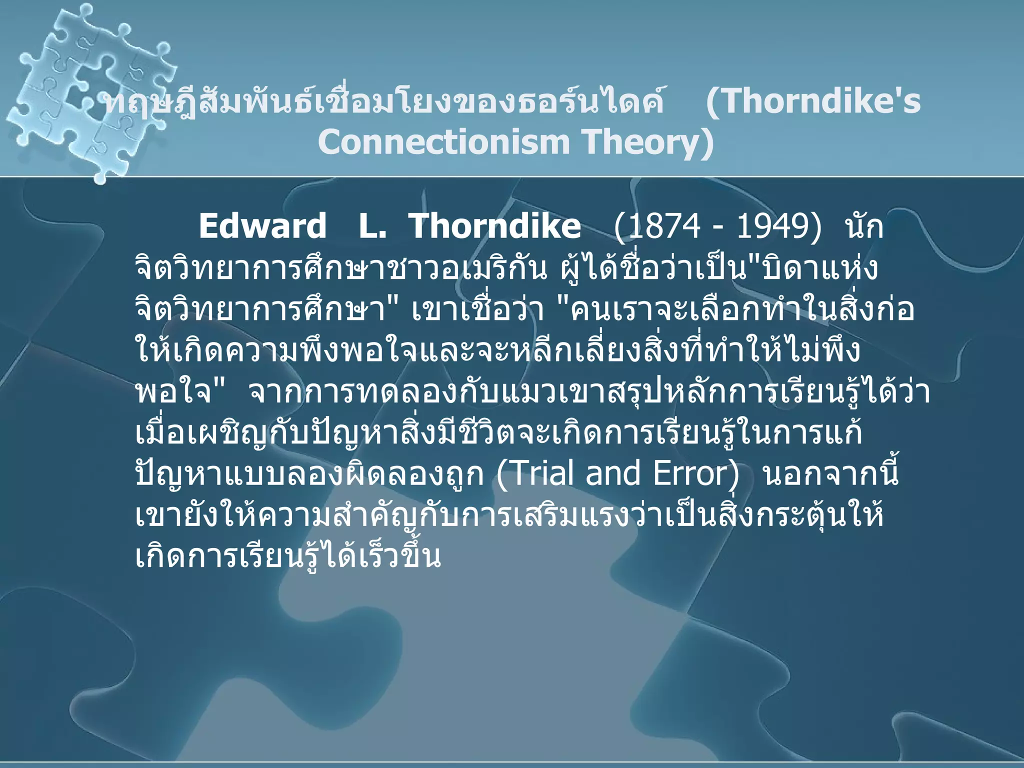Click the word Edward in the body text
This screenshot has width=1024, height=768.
[262, 226]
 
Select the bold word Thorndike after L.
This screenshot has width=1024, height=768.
[495, 226]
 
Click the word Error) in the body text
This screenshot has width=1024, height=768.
[695, 473]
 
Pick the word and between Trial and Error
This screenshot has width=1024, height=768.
[613, 473]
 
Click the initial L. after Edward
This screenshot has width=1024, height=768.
[372, 226]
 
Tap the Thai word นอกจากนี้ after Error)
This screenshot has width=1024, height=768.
[830, 473]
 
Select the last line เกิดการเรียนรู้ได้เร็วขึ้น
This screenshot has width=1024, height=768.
[288, 556]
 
